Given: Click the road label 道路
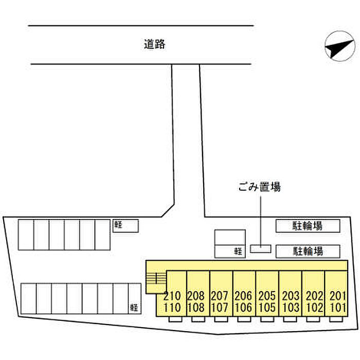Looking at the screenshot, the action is click(x=154, y=44).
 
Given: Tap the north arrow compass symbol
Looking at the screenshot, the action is click(x=340, y=46).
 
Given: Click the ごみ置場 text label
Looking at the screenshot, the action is click(x=259, y=187).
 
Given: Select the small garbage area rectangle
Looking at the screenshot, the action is click(x=261, y=249).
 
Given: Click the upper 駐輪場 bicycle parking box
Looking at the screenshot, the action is click(x=308, y=226).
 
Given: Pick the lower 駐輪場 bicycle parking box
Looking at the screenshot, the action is click(x=308, y=251).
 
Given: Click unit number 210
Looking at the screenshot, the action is click(x=172, y=296).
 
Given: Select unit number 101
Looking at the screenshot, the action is click(x=338, y=308).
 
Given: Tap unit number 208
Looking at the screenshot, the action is click(x=196, y=296).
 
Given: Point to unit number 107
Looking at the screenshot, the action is click(x=219, y=308).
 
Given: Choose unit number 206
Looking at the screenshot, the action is click(x=243, y=296).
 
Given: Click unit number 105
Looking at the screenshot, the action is click(x=267, y=308).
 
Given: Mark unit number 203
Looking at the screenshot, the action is click(x=291, y=296).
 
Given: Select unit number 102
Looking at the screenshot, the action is click(x=314, y=308).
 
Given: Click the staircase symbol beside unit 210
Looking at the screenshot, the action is click(x=156, y=278).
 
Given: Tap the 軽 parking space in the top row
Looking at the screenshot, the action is click(x=125, y=226).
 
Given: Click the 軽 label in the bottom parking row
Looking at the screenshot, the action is click(x=134, y=308).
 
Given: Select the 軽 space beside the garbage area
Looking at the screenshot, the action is click(x=230, y=251).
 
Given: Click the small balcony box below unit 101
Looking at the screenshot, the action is click(x=336, y=319).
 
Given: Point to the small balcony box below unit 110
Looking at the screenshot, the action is click(x=175, y=319).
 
